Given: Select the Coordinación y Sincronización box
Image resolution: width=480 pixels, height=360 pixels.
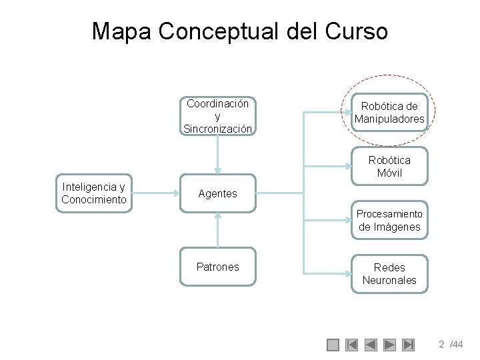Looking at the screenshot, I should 218,116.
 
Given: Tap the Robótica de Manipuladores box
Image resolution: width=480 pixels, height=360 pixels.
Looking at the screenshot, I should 389,113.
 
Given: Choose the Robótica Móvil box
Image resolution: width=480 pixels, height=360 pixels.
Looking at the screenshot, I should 389,167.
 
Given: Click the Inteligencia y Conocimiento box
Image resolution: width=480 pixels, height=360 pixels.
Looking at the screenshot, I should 94,193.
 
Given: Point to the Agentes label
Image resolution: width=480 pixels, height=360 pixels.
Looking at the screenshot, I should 217,193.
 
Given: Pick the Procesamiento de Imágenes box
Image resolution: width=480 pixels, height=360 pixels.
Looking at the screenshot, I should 389,220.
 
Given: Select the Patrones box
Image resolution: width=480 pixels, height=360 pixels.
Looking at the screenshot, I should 218,267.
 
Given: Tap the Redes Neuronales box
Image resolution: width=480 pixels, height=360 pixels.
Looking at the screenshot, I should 389,273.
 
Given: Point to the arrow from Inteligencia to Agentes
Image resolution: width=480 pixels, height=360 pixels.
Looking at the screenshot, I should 157,193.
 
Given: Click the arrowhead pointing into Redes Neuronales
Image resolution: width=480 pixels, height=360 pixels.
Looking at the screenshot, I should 346,273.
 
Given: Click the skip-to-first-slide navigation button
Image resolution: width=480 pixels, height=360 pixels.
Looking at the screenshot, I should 352,345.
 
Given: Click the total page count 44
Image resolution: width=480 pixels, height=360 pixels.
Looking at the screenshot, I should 457,345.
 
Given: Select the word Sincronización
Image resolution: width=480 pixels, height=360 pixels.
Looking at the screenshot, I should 218,129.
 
